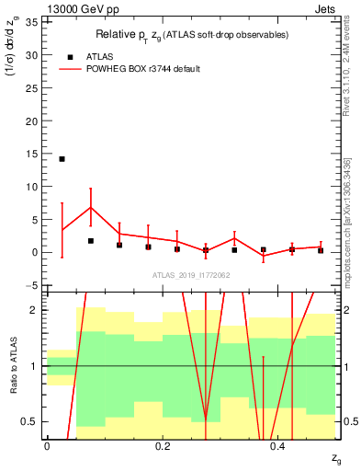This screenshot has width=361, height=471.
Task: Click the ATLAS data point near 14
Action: coord(62,159)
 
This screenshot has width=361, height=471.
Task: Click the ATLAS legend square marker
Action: coord(70,56)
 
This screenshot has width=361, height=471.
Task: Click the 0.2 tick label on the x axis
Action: coord(163,446)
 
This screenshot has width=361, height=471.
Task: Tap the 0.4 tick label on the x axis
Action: coord(278,446)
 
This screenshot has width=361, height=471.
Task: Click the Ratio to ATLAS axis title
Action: coord(14,365)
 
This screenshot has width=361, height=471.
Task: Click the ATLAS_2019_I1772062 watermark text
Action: coord(191,275)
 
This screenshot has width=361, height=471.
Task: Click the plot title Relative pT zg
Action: coord(192,35)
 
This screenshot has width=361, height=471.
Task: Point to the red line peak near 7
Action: coord(90,207)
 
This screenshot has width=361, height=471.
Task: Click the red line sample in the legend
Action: coord(70,69)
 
